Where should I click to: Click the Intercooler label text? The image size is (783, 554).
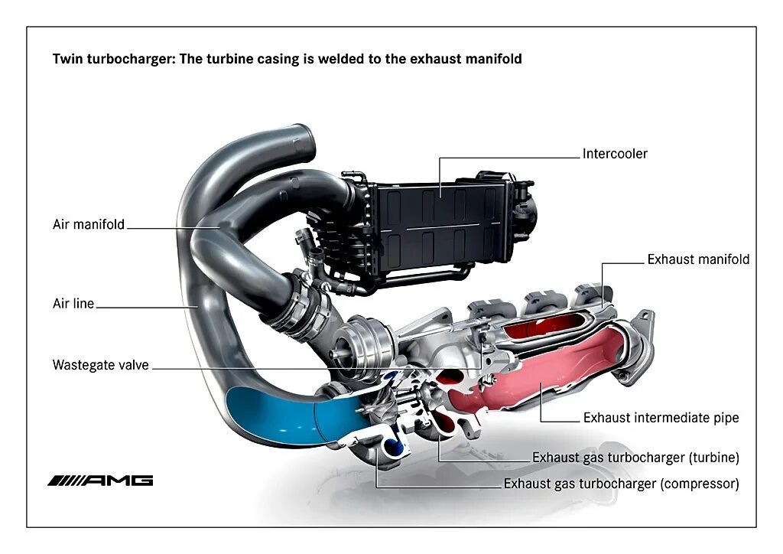[x=615, y=154]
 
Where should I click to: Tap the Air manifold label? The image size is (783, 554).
[x=89, y=225]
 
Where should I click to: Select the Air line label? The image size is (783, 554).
[x=73, y=304]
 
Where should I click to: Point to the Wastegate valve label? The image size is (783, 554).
[x=100, y=365]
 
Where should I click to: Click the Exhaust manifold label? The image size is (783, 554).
[x=698, y=259]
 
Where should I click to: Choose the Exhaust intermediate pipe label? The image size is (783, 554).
[x=661, y=418]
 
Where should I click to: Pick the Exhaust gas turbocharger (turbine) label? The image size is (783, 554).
[x=635, y=458]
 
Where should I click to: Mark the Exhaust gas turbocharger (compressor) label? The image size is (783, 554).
[x=621, y=484]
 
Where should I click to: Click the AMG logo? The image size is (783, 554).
[x=100, y=481]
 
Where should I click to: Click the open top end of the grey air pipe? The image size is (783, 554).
[x=303, y=140]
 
